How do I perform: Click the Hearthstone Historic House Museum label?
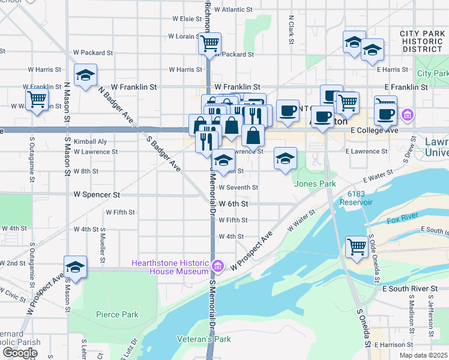(x=170, y=268)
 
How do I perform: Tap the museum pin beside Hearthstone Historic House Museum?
(x=218, y=265)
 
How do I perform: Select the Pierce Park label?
(x=117, y=314)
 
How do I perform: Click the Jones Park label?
(x=314, y=184)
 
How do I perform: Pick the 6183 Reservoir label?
(x=368, y=198)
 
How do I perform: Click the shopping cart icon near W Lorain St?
(x=209, y=43)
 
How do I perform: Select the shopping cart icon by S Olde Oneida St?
(x=357, y=246)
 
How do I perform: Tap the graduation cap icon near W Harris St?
(x=85, y=75)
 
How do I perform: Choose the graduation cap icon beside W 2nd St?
(x=76, y=266)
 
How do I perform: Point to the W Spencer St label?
(x=96, y=195)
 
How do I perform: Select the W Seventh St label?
(x=239, y=188)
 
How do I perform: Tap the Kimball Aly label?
(x=90, y=142)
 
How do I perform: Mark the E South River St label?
(x=410, y=289)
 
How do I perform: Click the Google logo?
(x=20, y=353)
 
